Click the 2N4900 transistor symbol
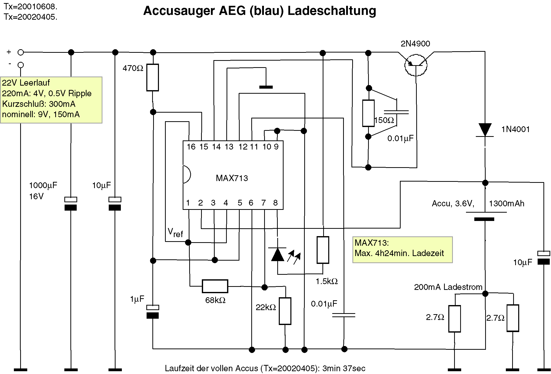[416, 65]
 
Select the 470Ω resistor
[153, 78]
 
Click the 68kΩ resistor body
[215, 286]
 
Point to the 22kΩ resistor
[285, 311]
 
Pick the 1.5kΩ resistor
[323, 250]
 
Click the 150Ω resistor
[368, 113]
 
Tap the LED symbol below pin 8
[278, 254]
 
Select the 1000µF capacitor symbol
[71, 204]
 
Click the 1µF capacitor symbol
[153, 312]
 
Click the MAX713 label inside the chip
[232, 178]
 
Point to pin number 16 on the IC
[191, 147]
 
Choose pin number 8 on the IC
[275, 203]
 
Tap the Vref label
[175, 233]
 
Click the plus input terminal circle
[21, 53]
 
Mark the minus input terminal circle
[21, 65]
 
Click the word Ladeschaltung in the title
[332, 11]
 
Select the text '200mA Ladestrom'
[448, 287]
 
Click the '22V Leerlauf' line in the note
[26, 83]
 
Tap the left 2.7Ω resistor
[454, 319]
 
